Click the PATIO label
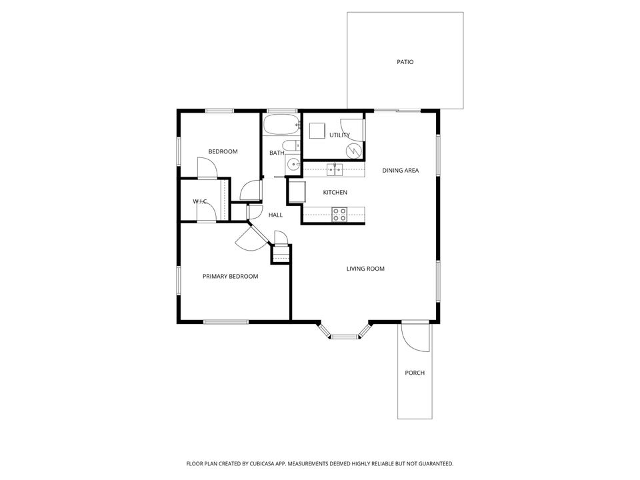405,62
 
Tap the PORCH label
414,373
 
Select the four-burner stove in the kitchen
339,214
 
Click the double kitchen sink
334,169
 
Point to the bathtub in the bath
280,126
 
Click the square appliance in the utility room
315,129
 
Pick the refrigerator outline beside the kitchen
295,192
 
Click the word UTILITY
339,135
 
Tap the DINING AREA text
400,171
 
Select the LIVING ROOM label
365,269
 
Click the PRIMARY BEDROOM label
230,276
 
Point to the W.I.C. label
200,201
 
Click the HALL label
275,215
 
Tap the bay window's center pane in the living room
345,337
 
